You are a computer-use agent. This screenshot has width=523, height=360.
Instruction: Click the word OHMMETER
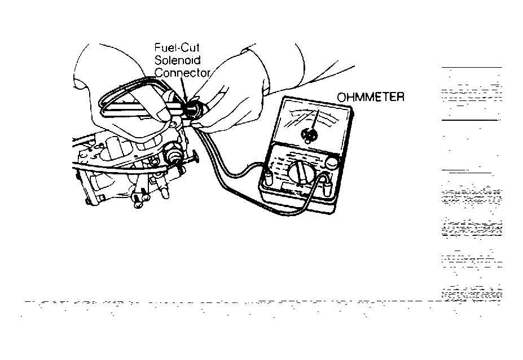[371, 97]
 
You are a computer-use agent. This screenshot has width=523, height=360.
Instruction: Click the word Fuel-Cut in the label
[177, 47]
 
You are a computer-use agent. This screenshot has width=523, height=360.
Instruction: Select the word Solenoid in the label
[178, 60]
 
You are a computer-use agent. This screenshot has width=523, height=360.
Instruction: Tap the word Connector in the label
[182, 73]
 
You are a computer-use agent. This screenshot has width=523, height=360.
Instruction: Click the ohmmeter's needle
[315, 120]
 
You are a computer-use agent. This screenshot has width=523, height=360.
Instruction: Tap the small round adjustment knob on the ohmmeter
[332, 164]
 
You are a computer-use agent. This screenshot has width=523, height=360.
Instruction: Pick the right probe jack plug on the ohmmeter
[326, 188]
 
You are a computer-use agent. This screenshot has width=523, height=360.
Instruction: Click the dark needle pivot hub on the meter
[308, 134]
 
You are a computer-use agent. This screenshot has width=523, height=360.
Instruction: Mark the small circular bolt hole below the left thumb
[173, 125]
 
